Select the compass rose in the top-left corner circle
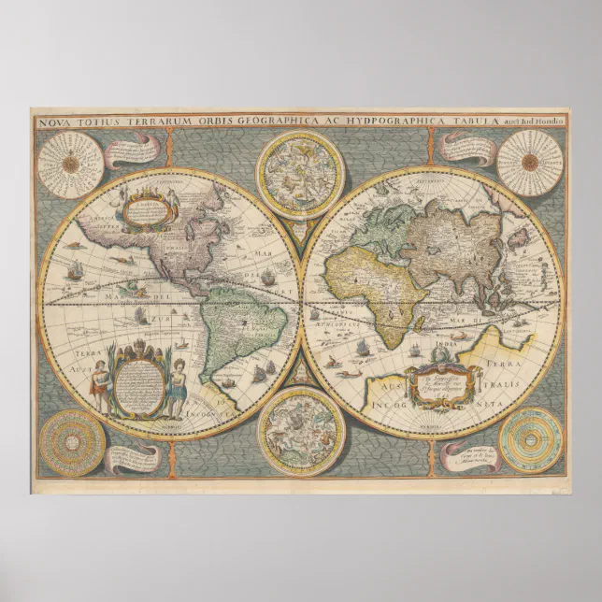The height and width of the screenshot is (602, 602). click(x=71, y=164)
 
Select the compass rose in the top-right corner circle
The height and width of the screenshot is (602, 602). click(x=529, y=163)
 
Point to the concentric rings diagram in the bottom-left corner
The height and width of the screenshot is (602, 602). click(x=71, y=441)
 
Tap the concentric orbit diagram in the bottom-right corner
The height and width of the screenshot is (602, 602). click(x=530, y=439)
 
